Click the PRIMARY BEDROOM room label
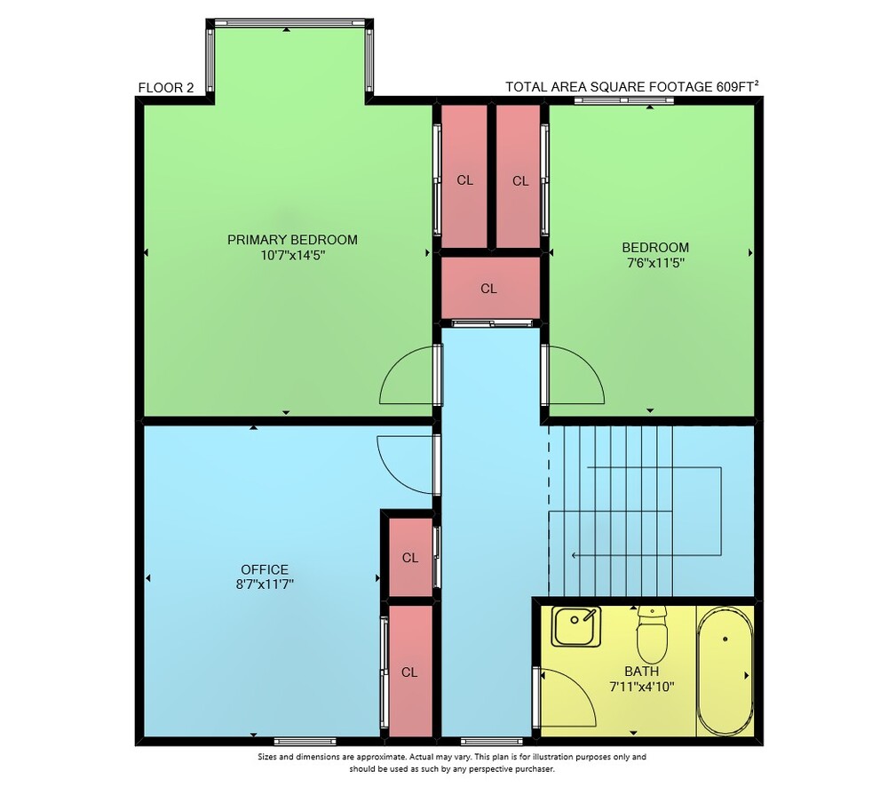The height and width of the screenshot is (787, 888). coord(292,240)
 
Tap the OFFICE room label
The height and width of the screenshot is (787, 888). coord(265,569)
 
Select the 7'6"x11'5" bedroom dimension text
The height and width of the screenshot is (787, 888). coord(655,263)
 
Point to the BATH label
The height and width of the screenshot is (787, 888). coord(642,672)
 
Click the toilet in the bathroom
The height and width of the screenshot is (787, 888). coord(652,634)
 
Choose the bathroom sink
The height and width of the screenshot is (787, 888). coord(576,626)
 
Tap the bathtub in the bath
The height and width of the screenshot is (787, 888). coord(725,672)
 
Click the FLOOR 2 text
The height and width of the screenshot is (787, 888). coord(166,88)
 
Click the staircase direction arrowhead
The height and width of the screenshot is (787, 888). coord(575,555)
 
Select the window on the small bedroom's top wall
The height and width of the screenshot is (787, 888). coord(623,100)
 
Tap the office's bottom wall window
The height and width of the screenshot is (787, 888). coord(305,741)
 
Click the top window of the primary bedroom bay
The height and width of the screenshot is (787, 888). coord(289,23)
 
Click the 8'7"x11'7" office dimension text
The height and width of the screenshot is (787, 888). coord(265,584)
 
